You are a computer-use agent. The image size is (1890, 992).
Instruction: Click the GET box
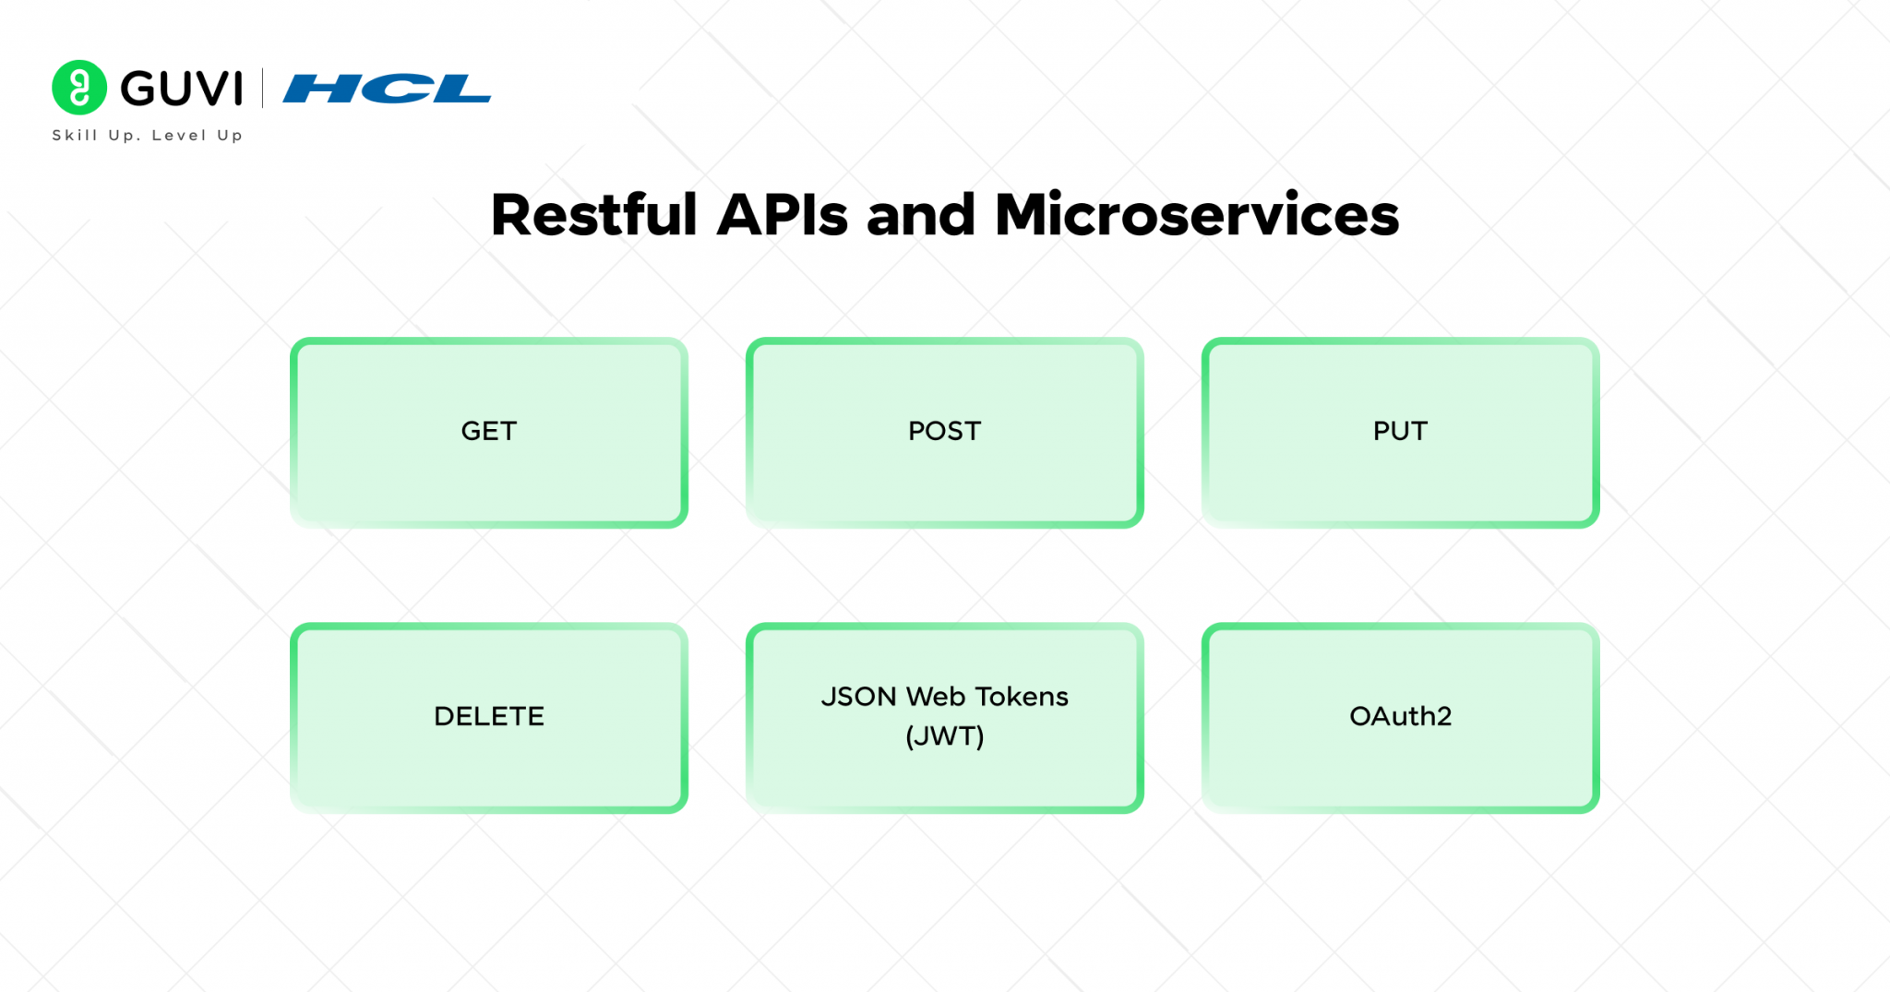click(488, 432)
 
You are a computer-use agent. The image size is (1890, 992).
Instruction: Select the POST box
click(944, 432)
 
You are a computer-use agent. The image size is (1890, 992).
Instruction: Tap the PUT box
click(1400, 432)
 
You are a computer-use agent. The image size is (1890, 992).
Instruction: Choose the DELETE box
click(488, 717)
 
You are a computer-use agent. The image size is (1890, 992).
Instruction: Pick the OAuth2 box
click(1400, 717)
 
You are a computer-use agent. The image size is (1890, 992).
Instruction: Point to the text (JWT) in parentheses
click(944, 736)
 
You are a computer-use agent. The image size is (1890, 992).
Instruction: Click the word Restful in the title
click(593, 215)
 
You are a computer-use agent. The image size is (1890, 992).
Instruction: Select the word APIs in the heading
click(782, 215)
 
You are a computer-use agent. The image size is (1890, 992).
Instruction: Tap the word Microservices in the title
click(1196, 215)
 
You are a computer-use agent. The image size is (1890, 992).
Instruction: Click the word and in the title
click(920, 215)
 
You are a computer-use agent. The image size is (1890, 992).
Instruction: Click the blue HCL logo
click(387, 89)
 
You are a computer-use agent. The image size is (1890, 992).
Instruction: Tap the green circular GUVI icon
click(79, 88)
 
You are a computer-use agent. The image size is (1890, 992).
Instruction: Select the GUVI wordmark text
click(182, 89)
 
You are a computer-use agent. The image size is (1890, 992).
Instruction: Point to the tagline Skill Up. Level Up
click(147, 136)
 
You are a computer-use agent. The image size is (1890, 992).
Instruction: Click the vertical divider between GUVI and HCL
click(263, 89)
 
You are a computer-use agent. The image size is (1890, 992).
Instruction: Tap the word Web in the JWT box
click(936, 697)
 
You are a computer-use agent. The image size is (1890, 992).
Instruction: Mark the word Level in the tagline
click(179, 136)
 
